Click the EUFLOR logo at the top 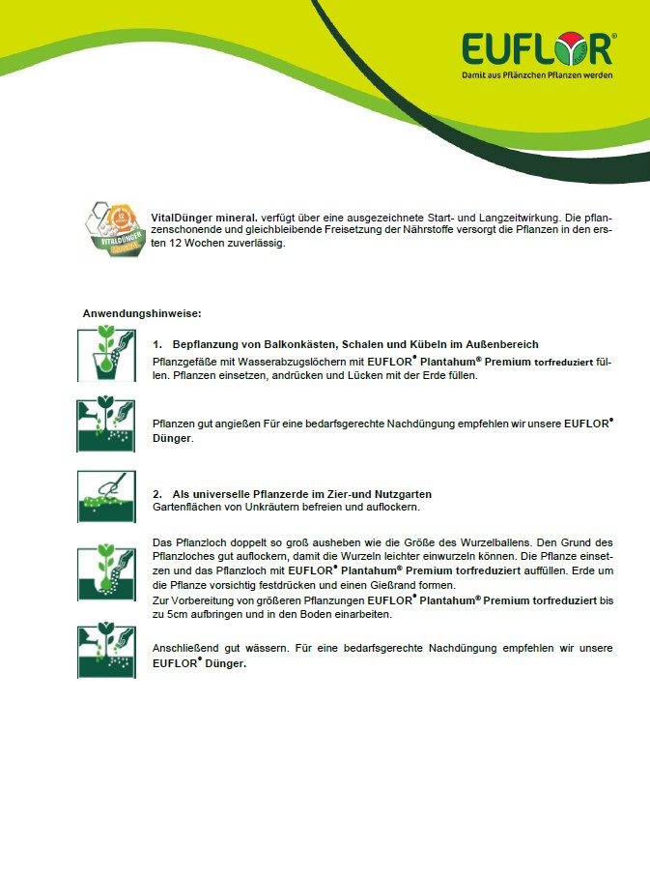536,48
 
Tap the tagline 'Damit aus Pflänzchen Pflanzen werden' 536,74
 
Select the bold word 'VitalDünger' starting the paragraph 179,218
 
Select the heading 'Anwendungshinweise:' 141,313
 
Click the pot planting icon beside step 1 106,355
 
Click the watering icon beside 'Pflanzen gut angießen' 106,425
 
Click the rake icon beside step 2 106,496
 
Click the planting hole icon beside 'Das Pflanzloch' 106,570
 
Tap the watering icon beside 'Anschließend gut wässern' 106,651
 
